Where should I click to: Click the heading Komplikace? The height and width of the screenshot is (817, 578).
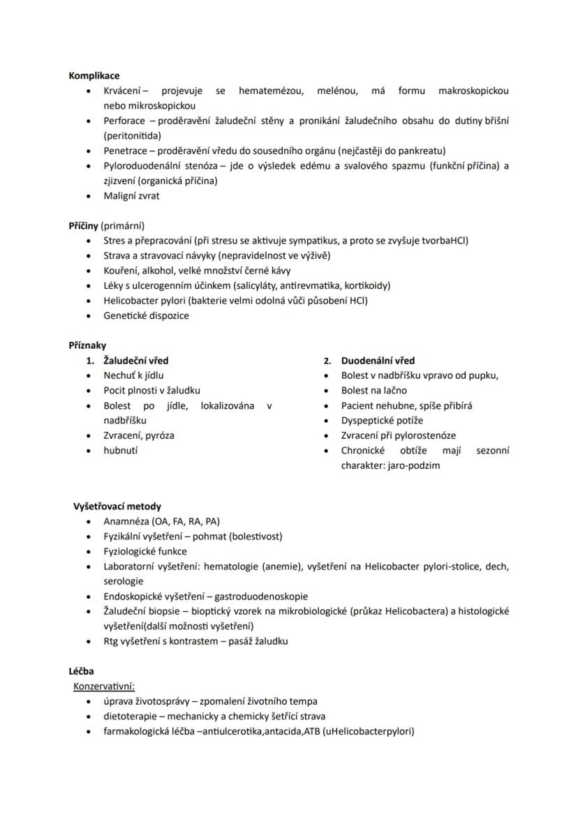point(94,75)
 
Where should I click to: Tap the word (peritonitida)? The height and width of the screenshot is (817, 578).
point(132,135)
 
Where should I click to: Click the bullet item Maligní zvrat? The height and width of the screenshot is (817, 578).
point(131,196)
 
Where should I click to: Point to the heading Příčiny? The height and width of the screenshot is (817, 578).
point(83,226)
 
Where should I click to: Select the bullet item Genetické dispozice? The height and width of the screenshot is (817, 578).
point(146,315)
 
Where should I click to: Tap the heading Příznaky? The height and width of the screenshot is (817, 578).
point(87,345)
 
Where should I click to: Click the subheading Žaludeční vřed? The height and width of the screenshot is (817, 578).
point(135,361)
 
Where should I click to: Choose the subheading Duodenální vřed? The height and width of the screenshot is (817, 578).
point(378,361)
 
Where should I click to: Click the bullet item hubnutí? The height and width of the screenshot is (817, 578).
point(121,451)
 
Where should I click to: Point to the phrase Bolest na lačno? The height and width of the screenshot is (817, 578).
point(373,391)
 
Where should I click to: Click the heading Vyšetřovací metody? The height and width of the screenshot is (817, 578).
point(117,507)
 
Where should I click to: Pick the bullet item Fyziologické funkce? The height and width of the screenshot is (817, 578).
point(145,551)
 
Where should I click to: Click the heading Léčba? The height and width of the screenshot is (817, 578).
point(81,671)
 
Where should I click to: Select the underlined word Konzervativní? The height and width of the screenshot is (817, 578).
point(103,687)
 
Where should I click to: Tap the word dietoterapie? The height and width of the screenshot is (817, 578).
point(129,717)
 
